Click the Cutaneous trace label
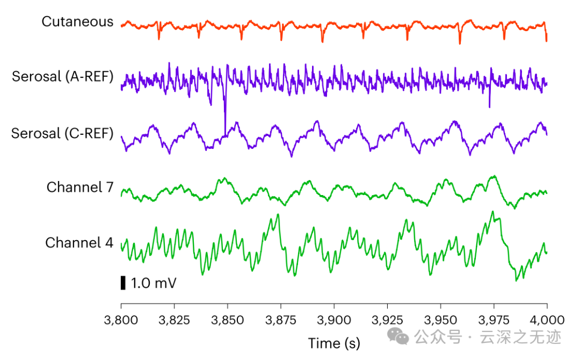point(78,21)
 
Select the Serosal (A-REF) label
point(63,76)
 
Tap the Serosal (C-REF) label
point(63,133)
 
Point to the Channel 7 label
point(80,187)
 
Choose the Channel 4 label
point(79,243)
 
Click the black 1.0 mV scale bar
point(123,283)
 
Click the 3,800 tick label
point(121,321)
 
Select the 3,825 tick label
point(174,321)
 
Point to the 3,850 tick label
point(227,321)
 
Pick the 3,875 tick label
point(281,321)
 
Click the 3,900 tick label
point(334,321)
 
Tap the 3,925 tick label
point(387,321)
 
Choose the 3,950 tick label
point(440,321)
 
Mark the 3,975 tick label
point(494,321)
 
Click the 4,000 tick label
point(547,321)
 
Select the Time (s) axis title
point(334,343)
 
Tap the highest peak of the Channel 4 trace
point(492,212)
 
